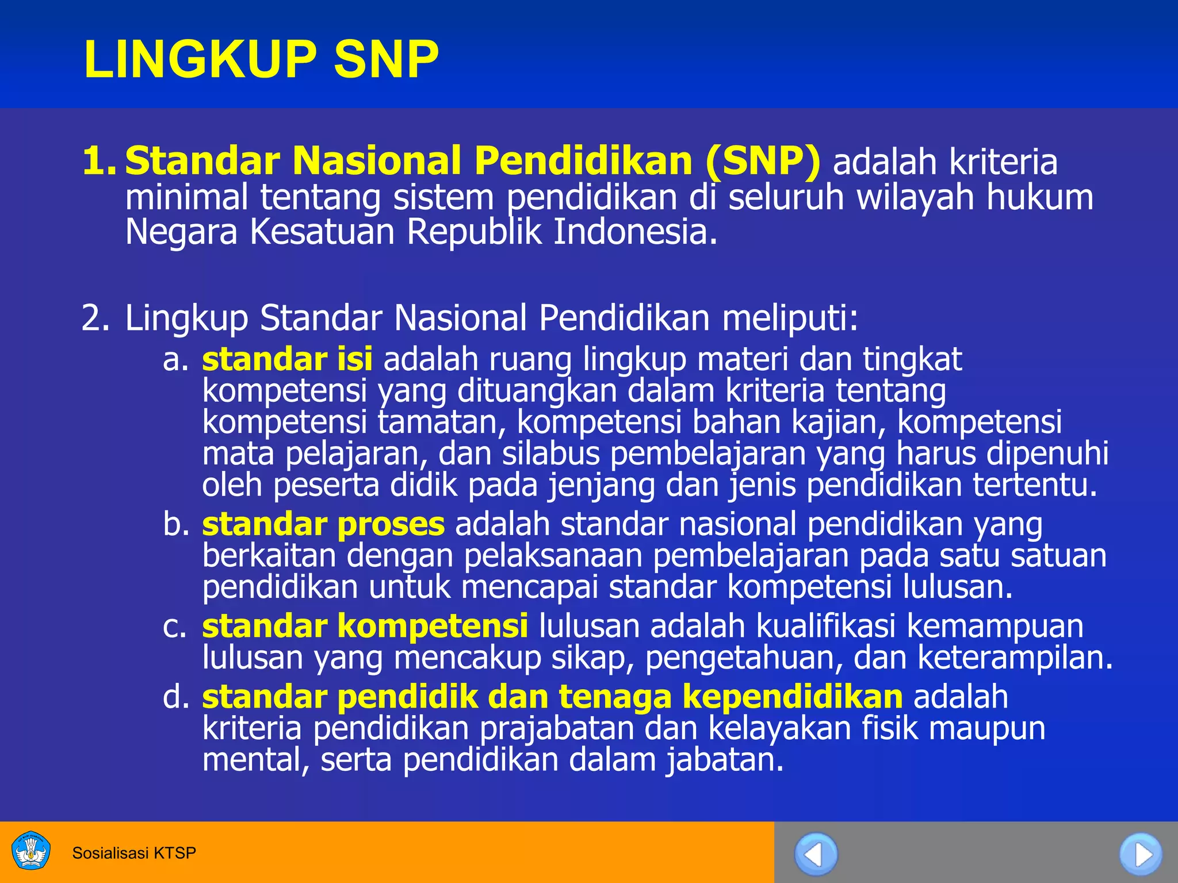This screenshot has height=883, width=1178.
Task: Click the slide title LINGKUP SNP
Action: coord(261,59)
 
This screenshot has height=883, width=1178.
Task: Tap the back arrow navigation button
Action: coord(815,854)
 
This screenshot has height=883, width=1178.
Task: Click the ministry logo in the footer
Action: coord(31,851)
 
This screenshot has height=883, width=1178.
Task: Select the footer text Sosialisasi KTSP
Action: coord(134,853)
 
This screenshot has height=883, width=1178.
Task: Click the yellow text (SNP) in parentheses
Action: coord(763,161)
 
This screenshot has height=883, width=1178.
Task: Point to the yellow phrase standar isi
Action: coord(287,359)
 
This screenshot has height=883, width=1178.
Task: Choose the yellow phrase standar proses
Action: coord(323,524)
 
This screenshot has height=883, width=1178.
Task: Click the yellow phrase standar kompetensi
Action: coord(365,626)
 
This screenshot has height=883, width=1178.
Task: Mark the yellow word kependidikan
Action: coord(793,697)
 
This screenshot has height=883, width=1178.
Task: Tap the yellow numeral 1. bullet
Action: coord(99,161)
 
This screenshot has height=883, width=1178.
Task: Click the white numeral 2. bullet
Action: coord(95,318)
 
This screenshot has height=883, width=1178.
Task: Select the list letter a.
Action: coord(175,360)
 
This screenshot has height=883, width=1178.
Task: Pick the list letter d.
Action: coord(175,697)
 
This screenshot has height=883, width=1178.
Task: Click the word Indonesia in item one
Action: coord(636,232)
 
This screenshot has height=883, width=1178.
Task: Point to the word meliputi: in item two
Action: coord(790,318)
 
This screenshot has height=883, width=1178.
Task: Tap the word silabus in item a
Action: coord(550,454)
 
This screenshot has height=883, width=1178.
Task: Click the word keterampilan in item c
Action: coord(1015,658)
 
